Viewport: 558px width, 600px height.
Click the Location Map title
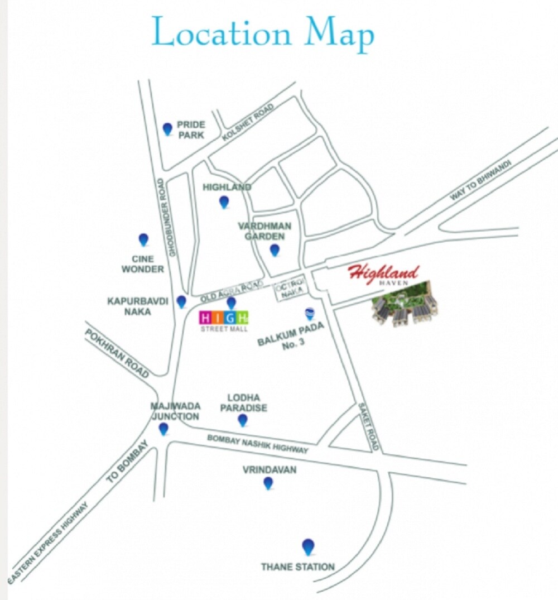click(x=263, y=33)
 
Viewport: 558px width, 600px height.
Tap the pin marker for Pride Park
click(x=167, y=129)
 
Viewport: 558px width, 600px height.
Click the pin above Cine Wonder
click(x=143, y=239)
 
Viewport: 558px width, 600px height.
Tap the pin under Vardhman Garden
click(x=274, y=250)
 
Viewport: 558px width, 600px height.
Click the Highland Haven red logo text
click(x=383, y=274)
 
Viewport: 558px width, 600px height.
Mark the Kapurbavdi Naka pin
click(x=181, y=301)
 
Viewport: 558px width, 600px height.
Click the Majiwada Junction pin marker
click(x=163, y=429)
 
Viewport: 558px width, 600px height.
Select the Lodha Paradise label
click(x=243, y=402)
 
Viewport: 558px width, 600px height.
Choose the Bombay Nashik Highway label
click(x=257, y=444)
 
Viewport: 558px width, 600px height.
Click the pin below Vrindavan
click(x=268, y=483)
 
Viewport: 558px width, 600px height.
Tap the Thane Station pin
click(x=307, y=546)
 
